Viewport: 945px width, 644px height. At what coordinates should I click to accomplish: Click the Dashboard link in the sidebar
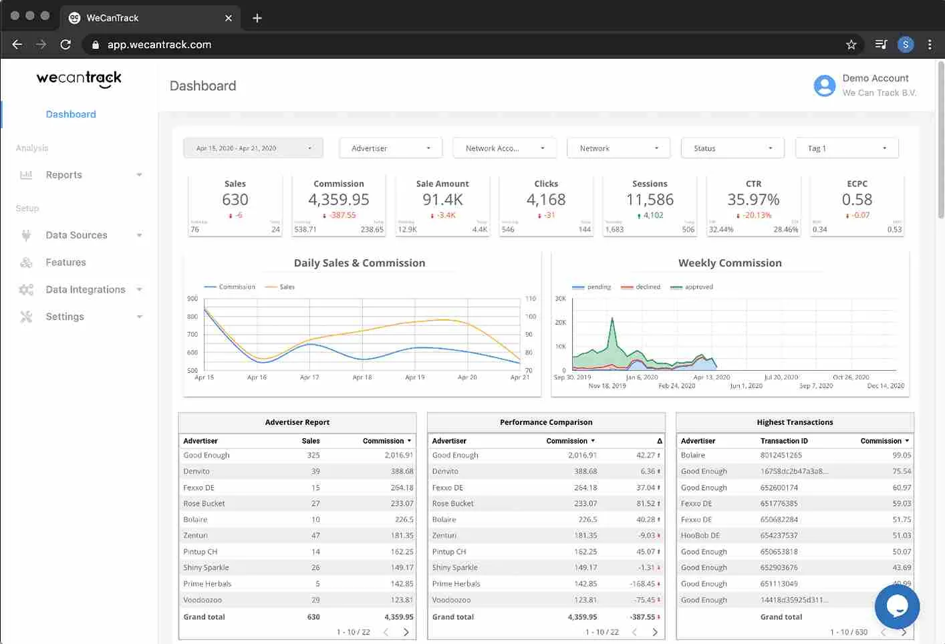pos(71,114)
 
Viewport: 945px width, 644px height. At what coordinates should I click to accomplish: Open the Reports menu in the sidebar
pos(64,175)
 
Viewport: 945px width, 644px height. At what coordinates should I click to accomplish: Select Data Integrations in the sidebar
pos(86,289)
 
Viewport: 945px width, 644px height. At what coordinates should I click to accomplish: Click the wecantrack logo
pos(79,79)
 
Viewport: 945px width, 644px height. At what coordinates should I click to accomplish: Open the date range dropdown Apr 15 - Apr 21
pos(253,148)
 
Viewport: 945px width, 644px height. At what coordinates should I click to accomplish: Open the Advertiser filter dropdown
pos(391,148)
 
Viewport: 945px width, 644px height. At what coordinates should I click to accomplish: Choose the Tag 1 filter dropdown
pos(847,148)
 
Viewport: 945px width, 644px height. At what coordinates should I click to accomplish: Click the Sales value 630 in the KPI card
pos(235,200)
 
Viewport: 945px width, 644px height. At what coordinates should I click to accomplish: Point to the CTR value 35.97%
pos(753,200)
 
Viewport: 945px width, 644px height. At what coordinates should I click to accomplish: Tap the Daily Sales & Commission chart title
pos(360,263)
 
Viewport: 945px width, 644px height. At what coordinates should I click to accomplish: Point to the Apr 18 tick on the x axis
pos(362,377)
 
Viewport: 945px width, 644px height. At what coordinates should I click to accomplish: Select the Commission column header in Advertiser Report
pos(384,441)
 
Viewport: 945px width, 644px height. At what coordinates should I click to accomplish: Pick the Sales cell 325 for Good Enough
pos(313,456)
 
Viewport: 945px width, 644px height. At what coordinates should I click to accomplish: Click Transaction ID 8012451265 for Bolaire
pos(781,456)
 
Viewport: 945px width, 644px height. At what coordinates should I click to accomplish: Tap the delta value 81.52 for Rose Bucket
pos(646,504)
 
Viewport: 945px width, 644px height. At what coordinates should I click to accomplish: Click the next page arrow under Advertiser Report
pos(406,632)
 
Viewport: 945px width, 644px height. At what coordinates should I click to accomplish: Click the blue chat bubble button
pos(897,607)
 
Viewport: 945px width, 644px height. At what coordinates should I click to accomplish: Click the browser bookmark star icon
pos(851,45)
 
